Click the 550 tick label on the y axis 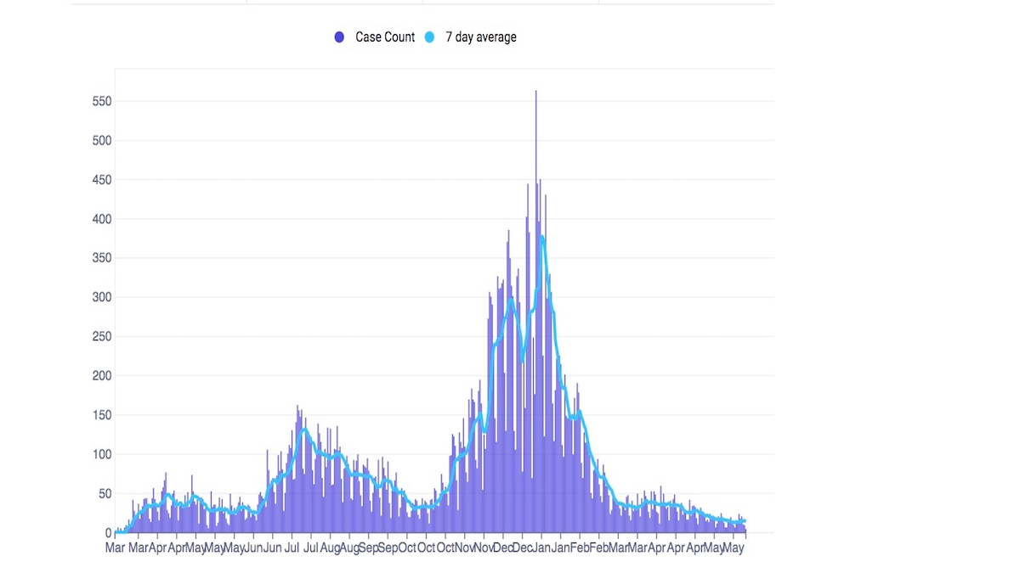[102, 101]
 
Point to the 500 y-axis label [102, 140]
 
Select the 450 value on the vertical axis [102, 179]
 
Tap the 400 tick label [102, 219]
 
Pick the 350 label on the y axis [102, 258]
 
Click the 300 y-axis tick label [102, 297]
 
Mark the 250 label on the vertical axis [102, 336]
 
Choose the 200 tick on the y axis [102, 376]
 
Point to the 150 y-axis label [102, 415]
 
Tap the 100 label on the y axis [102, 454]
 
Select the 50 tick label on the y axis [105, 493]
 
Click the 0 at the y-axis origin [108, 533]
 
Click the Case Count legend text [385, 37]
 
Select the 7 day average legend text [481, 37]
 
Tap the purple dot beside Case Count [340, 37]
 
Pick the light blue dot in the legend [430, 37]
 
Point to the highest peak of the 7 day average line [541, 237]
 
